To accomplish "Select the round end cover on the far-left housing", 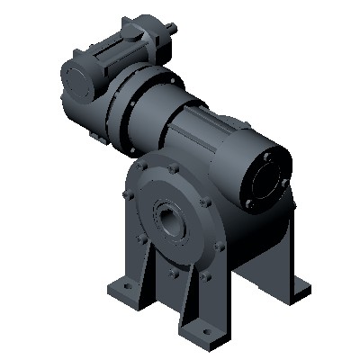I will [78, 80].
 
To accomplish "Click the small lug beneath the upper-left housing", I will [95, 135].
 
